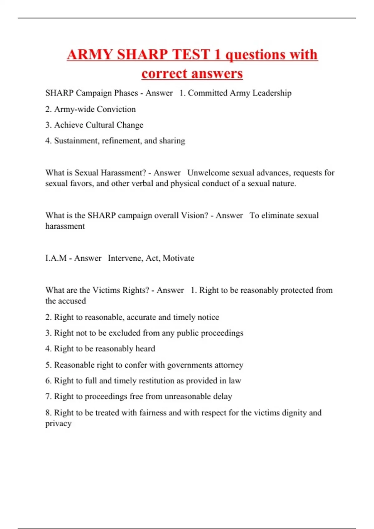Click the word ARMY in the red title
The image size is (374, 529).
(89, 54)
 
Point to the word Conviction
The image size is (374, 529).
(116, 109)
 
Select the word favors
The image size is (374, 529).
(81, 184)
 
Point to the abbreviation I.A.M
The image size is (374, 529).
(56, 258)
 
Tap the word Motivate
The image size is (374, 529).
(179, 258)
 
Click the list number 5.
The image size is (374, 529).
(48, 365)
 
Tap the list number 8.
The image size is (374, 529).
(48, 413)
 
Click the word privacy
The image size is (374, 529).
(58, 424)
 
